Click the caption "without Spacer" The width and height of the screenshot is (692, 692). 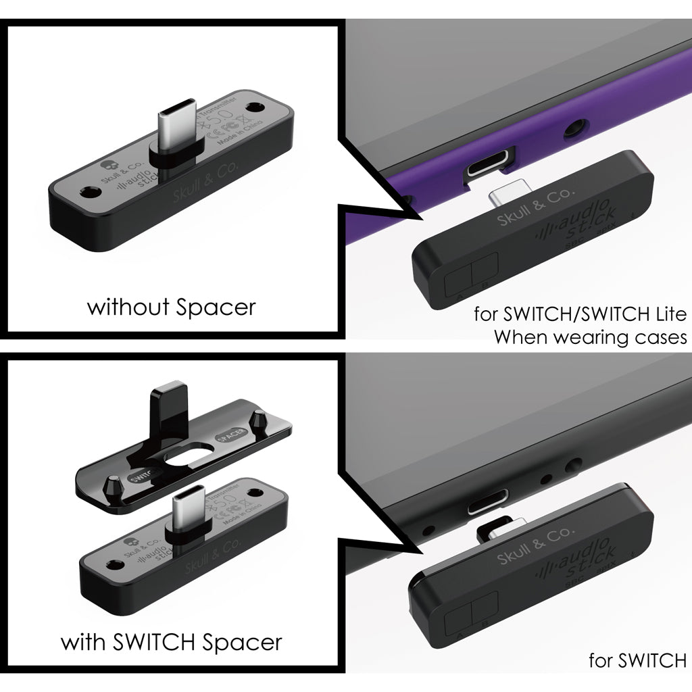172,307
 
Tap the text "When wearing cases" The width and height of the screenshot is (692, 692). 589,337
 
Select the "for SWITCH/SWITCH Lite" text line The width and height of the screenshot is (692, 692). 580,314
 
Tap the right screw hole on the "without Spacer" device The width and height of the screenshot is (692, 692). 255,107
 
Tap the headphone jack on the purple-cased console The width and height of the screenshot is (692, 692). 576,126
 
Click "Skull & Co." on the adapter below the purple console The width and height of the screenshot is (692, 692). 535,207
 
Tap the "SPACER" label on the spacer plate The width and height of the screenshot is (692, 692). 226,439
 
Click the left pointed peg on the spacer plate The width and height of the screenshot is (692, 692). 113,484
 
